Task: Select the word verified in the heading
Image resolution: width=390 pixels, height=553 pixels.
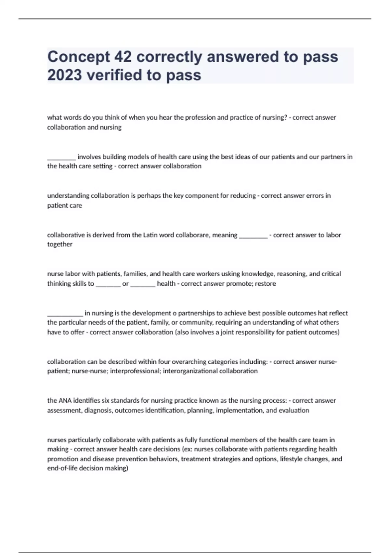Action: [x=114, y=75]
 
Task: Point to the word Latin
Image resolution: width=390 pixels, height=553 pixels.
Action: [x=150, y=235]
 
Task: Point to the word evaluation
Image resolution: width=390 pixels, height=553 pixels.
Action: [x=293, y=410]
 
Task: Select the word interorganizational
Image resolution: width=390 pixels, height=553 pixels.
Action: [x=190, y=371]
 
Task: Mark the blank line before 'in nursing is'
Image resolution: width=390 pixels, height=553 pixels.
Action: [x=65, y=315]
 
